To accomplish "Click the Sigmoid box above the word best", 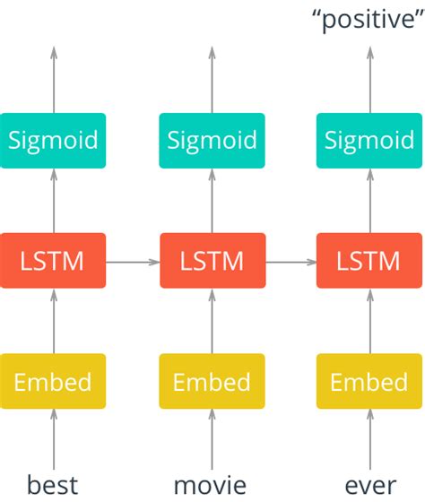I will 53,141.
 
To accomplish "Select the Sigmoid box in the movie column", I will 212,141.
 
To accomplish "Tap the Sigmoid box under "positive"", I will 370,141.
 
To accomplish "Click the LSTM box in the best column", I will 53,261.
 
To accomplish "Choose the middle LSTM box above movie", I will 212,261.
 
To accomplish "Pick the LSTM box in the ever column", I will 370,261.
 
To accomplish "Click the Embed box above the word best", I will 53,382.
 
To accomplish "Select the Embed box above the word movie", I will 212,382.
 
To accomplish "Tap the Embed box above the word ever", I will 370,382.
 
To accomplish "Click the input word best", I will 53,485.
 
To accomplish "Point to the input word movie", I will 211,485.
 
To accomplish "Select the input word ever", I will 370,485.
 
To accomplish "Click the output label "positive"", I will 367,19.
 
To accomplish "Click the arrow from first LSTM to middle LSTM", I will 133,262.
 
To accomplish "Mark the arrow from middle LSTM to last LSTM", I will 291,262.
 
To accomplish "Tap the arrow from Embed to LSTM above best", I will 53,321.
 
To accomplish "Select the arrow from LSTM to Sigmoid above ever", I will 370,201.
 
